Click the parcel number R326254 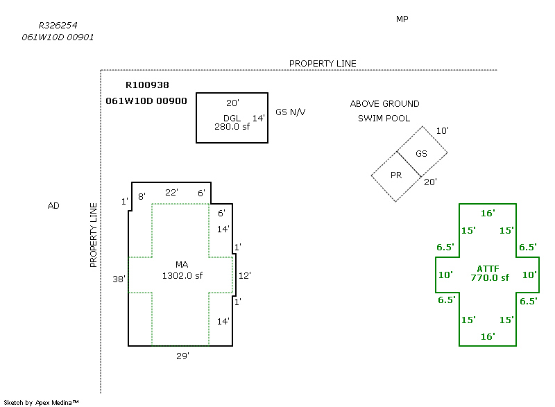58,26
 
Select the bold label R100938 147,85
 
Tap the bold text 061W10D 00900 146,101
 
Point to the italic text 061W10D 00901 58,37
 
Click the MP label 402,19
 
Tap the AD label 53,206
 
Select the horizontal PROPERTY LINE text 323,64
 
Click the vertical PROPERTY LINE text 93,235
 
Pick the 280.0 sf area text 232,127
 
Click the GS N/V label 290,112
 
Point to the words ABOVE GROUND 385,103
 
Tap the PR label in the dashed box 396,175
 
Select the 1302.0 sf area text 182,275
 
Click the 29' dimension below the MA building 182,356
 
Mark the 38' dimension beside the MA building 119,279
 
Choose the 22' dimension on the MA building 171,192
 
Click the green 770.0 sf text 490,278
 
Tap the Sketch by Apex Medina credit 41,402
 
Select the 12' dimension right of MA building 245,275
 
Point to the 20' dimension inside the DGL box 232,103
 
